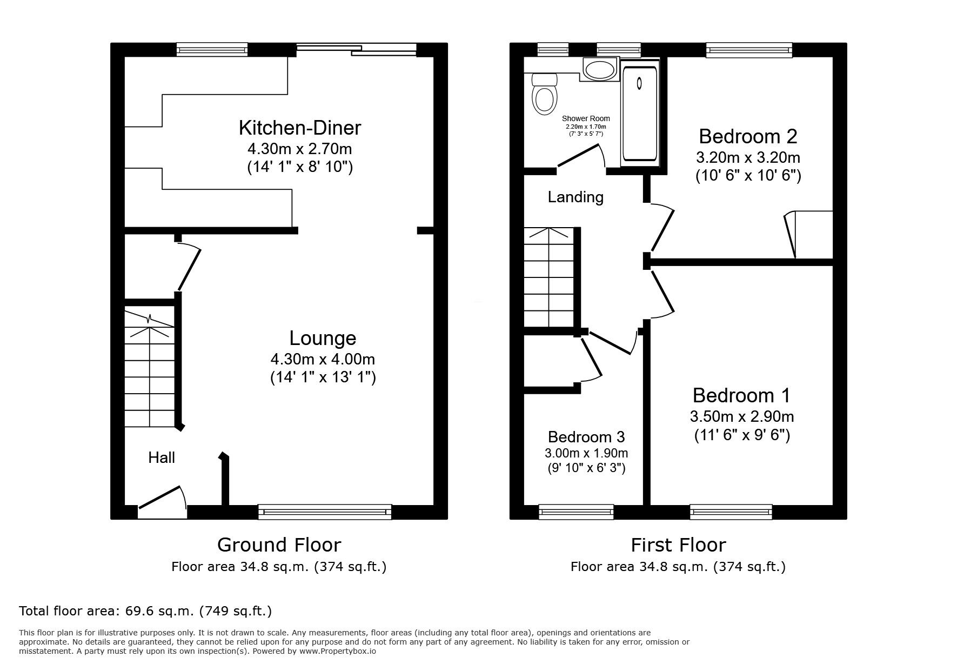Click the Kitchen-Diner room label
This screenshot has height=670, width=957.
[x=300, y=128]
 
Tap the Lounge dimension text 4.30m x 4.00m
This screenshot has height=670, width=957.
[x=323, y=359]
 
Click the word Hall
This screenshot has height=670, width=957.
[x=162, y=458]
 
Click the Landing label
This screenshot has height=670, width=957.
[x=575, y=197]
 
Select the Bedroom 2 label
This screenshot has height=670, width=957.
[x=748, y=136]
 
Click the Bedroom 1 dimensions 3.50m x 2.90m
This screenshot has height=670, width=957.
[x=741, y=417]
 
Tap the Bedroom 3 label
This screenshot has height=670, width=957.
[x=586, y=436]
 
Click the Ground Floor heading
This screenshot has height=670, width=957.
[x=279, y=545]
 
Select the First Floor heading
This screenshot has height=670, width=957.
[x=678, y=545]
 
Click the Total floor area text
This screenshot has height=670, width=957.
[x=145, y=611]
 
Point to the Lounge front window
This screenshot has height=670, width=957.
[x=325, y=511]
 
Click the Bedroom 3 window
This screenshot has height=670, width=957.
[x=577, y=511]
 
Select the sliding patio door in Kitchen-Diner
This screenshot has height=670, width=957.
[x=357, y=50]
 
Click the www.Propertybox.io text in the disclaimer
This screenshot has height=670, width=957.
[x=338, y=651]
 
